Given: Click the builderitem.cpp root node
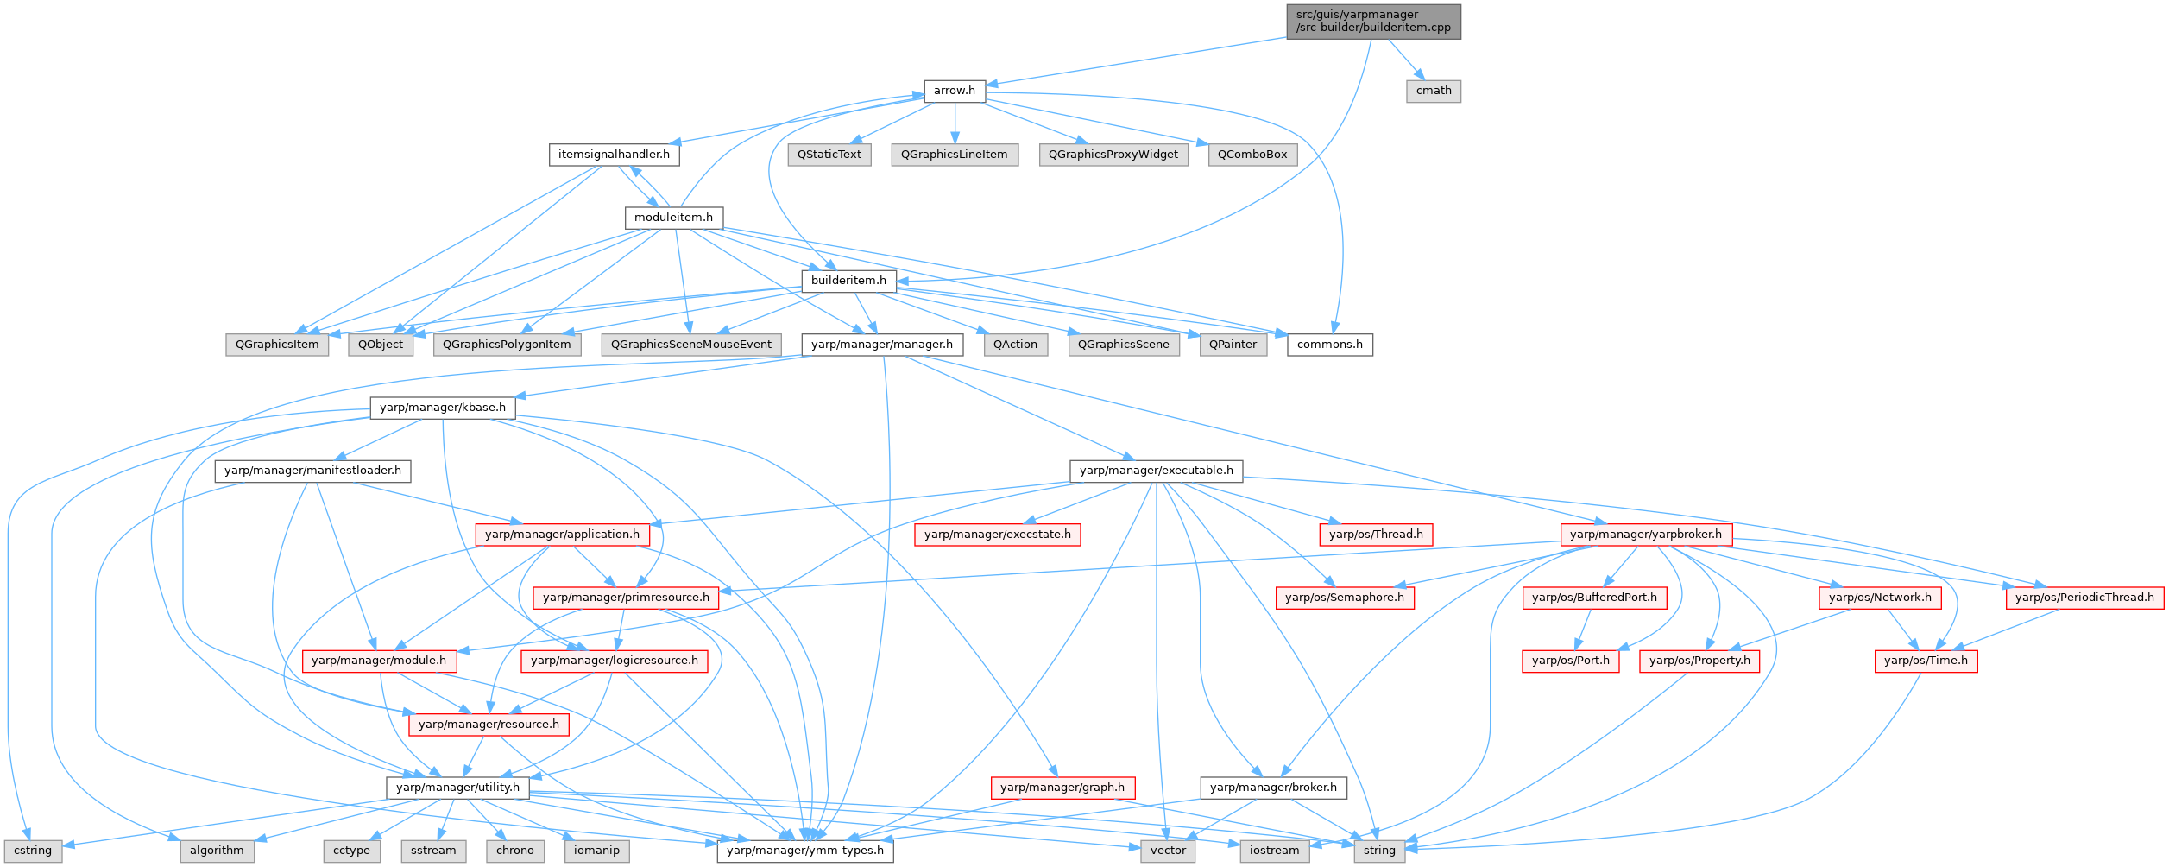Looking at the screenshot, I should pyautogui.click(x=1373, y=21).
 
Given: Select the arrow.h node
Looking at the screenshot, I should pyautogui.click(x=954, y=91).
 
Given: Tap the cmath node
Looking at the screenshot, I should pyautogui.click(x=1433, y=91).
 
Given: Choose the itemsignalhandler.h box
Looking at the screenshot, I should pyautogui.click(x=614, y=155).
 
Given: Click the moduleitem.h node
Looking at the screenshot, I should pyautogui.click(x=673, y=218).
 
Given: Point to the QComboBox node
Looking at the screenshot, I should pyautogui.click(x=1252, y=155).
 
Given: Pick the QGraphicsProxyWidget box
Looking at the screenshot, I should pyautogui.click(x=1113, y=155).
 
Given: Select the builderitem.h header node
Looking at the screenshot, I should pyautogui.click(x=848, y=281).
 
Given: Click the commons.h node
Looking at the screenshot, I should pyautogui.click(x=1329, y=345).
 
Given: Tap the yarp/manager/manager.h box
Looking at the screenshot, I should pyautogui.click(x=881, y=345).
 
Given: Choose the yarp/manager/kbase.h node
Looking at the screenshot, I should pyautogui.click(x=443, y=408).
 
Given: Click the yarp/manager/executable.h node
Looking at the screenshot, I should pyautogui.click(x=1156, y=471).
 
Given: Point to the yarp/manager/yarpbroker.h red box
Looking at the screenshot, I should pyautogui.click(x=1645, y=535).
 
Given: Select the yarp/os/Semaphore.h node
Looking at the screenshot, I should pyautogui.click(x=1344, y=598).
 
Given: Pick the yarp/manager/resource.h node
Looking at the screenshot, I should pyautogui.click(x=489, y=725).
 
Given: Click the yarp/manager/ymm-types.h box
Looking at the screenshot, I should pyautogui.click(x=805, y=851).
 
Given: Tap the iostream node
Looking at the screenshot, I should pyautogui.click(x=1274, y=851).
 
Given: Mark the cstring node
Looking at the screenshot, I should pyautogui.click(x=33, y=851).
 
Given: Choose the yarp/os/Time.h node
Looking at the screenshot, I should pyautogui.click(x=1926, y=661).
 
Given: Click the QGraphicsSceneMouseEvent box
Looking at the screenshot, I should pyautogui.click(x=691, y=345).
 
